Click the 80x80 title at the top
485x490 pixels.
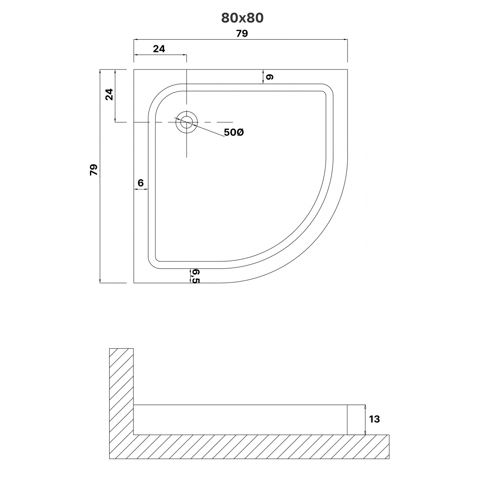pyautogui.click(x=242, y=18)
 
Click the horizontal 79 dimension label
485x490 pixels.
pyautogui.click(x=242, y=33)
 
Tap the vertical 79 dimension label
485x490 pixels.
pyautogui.click(x=94, y=169)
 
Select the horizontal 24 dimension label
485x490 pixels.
pyautogui.click(x=159, y=49)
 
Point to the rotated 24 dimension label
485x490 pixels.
pyautogui.click(x=109, y=94)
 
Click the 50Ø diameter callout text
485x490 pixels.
pyautogui.click(x=234, y=132)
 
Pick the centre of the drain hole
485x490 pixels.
pyautogui.click(x=186, y=122)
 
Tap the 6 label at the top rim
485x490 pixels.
pyautogui.click(x=270, y=77)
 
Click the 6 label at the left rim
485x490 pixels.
pyautogui.click(x=141, y=183)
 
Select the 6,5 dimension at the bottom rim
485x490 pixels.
pyautogui.click(x=195, y=276)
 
